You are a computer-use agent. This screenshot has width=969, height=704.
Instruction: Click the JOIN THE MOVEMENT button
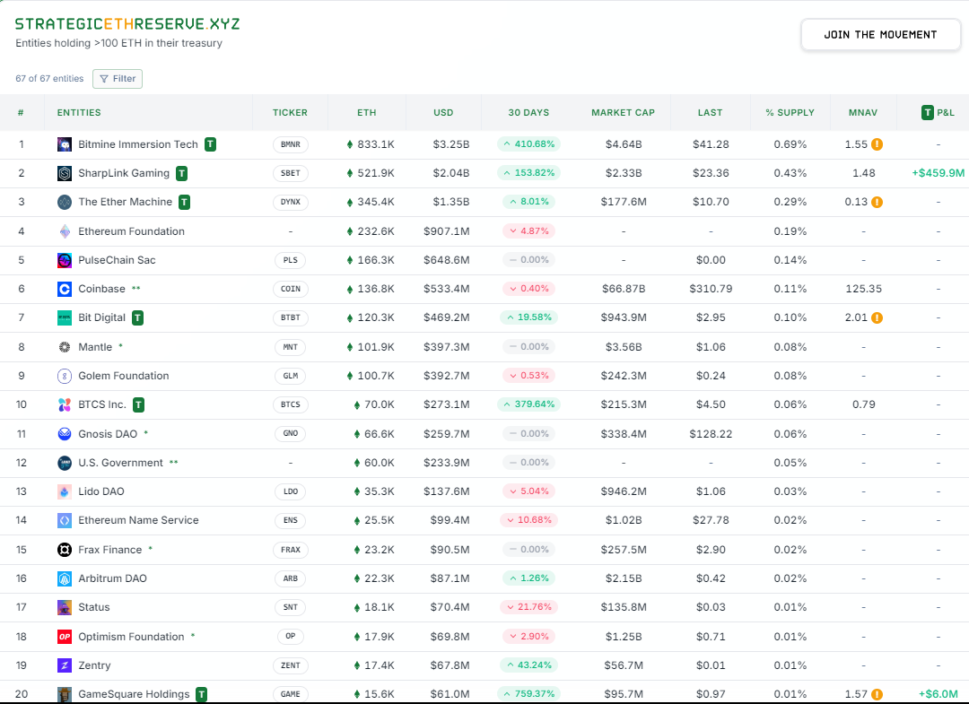click(x=880, y=35)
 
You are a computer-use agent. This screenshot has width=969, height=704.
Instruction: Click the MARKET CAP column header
click(x=623, y=113)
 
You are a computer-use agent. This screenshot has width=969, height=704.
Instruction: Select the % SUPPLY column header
click(x=790, y=113)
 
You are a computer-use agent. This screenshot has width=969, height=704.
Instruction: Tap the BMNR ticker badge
click(x=290, y=144)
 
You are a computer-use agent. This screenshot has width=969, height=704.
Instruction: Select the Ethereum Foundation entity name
click(x=131, y=231)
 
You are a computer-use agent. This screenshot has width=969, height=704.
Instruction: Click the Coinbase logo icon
click(x=65, y=289)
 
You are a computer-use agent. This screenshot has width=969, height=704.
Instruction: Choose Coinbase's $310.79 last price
click(x=710, y=289)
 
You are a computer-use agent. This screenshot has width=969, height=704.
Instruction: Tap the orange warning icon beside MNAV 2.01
click(x=877, y=317)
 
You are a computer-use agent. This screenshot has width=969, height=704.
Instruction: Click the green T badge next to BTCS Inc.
click(x=139, y=404)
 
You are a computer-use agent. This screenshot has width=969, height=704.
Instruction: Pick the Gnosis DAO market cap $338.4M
click(x=623, y=434)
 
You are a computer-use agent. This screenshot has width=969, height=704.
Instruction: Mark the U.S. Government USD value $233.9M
click(x=446, y=463)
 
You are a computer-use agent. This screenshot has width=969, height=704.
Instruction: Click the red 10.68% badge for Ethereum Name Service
click(x=529, y=520)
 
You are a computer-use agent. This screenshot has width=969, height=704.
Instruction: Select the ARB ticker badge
click(x=290, y=578)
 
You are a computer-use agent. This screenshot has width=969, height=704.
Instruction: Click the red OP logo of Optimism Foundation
click(x=65, y=637)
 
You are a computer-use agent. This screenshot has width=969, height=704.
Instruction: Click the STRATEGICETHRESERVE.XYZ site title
click(x=127, y=23)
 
